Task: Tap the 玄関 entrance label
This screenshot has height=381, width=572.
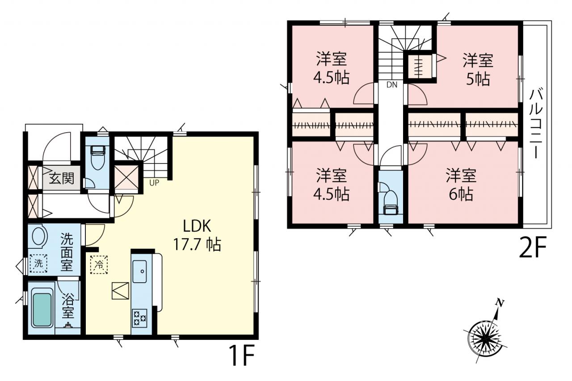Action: click(61, 178)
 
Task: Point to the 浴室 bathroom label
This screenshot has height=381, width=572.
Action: click(68, 306)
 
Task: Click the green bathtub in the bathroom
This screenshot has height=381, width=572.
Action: click(42, 310)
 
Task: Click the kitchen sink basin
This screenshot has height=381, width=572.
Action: click(139, 272)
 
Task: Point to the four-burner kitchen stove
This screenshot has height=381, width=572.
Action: click(139, 318)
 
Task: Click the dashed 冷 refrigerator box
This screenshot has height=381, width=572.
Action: click(99, 264)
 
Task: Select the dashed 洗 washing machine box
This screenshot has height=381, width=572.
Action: click(38, 263)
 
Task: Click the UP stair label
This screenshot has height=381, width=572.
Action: click(154, 183)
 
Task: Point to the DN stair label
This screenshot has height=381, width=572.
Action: click(392, 85)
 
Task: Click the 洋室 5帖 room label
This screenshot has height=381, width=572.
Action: click(478, 69)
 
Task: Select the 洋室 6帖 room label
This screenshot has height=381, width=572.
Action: click(461, 184)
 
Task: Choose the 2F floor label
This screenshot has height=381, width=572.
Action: click(532, 247)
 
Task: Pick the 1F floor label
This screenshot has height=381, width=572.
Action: click(242, 355)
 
